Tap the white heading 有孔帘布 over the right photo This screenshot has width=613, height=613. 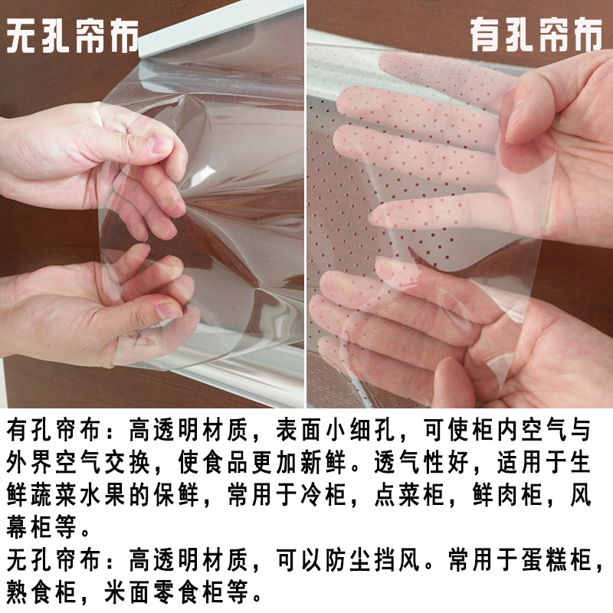tap(536, 36)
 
